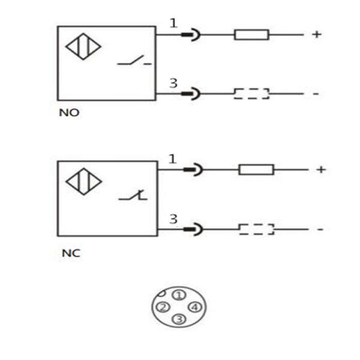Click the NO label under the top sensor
[x=69, y=113]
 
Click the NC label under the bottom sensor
[x=71, y=253]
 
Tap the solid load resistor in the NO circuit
[x=251, y=35]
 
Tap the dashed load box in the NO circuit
[x=251, y=94]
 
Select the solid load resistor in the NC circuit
[x=256, y=170]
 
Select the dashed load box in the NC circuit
[x=256, y=229]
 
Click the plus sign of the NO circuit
[x=316, y=35]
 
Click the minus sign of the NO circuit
[x=316, y=94]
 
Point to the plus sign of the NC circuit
[x=321, y=170]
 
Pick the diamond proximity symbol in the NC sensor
[x=83, y=182]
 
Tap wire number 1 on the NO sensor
[x=173, y=23]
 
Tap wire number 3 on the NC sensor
[x=173, y=220]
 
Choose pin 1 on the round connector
[x=178, y=295]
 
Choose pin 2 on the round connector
[x=162, y=307]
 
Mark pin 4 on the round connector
[x=193, y=307]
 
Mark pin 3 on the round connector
[x=178, y=319]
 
